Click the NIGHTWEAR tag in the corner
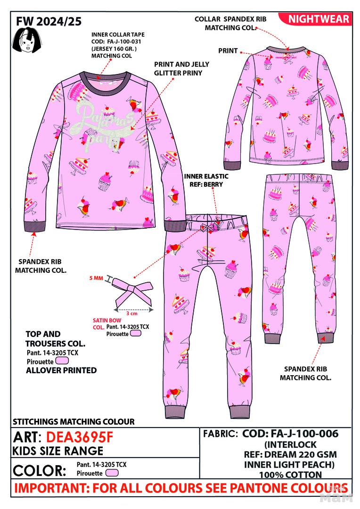coord(319,19)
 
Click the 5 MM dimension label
coord(96,279)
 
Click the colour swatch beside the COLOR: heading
coord(112,473)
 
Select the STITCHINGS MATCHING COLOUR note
coord(73,421)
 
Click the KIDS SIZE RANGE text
coord(58,452)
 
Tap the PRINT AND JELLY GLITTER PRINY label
coord(181,68)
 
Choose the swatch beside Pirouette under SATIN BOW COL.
coord(136,333)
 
